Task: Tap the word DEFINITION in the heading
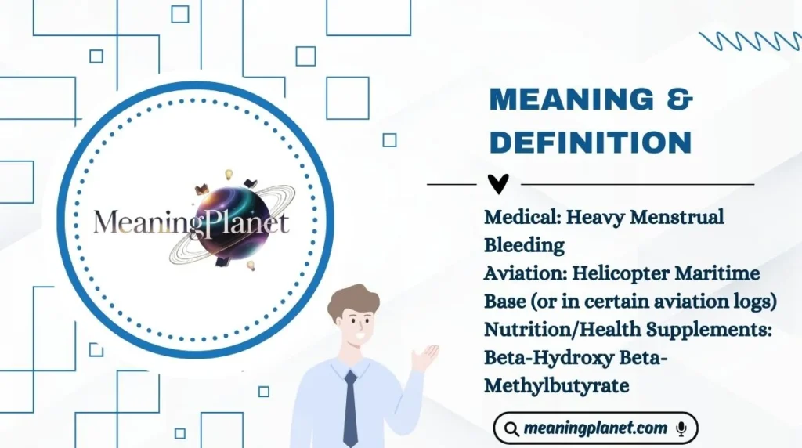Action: point(591,143)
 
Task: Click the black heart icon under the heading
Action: point(498,184)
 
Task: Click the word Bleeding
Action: point(524,245)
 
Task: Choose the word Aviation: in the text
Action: point(525,273)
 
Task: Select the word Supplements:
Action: point(710,330)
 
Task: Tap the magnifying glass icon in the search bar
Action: point(512,428)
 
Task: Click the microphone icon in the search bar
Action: point(681,428)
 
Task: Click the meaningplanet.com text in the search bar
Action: point(595,428)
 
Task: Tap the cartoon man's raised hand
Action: point(425,356)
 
